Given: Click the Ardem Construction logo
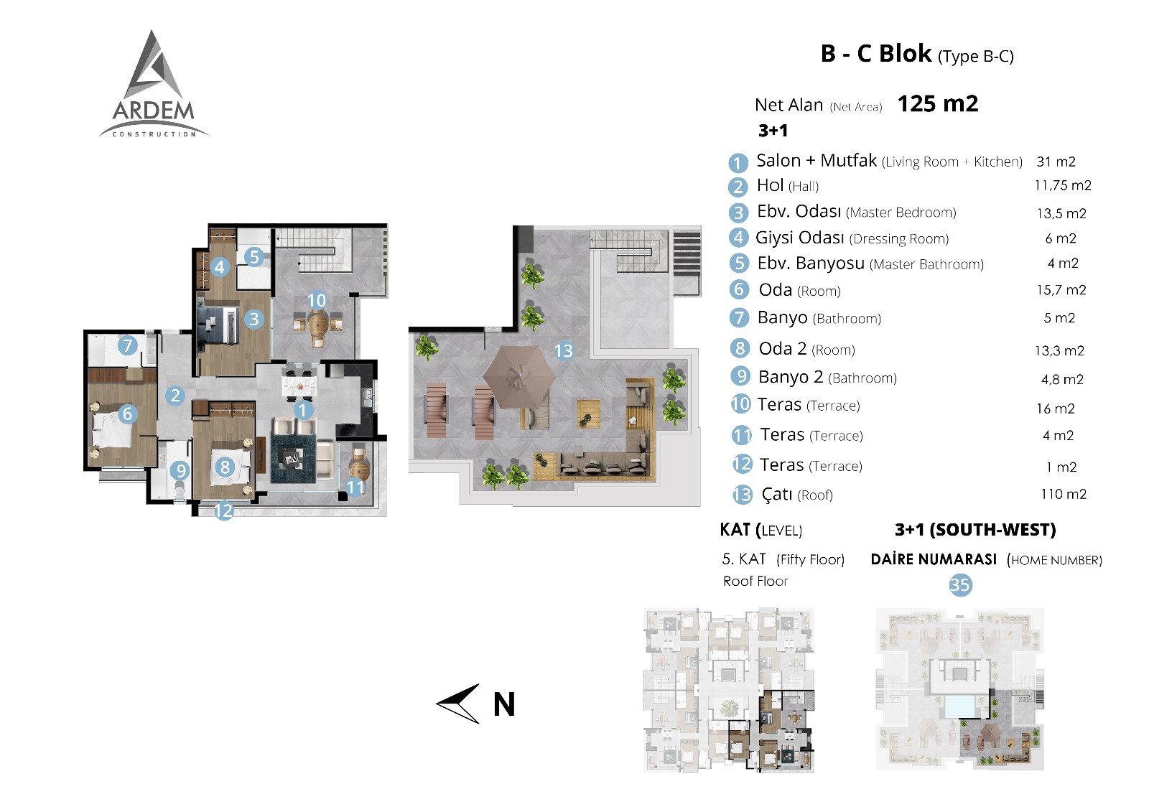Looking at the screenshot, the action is [x=154, y=85].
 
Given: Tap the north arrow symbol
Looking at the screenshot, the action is [x=458, y=704].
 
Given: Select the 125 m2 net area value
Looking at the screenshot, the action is [x=938, y=104].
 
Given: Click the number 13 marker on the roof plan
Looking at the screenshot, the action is [x=563, y=351].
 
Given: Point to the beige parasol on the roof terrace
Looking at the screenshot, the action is [x=519, y=376].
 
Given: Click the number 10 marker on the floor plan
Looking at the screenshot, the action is [x=317, y=300].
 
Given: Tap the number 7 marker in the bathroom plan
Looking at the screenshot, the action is [x=128, y=345].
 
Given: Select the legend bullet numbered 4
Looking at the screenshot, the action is [x=739, y=238].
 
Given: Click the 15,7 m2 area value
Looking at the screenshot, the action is [x=1061, y=290].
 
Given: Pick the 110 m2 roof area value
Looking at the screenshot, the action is [x=1064, y=494].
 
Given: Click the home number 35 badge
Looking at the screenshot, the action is [x=960, y=584].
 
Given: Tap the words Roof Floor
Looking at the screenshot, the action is [x=755, y=581].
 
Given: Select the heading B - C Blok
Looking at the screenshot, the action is [x=876, y=54].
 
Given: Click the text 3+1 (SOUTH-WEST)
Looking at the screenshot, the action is [x=975, y=530].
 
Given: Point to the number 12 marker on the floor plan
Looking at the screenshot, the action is [x=223, y=510].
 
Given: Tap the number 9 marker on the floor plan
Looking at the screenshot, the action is [x=180, y=470].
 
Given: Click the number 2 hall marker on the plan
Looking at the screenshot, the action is [x=175, y=396].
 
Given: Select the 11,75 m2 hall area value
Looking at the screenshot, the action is [x=1063, y=185].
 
